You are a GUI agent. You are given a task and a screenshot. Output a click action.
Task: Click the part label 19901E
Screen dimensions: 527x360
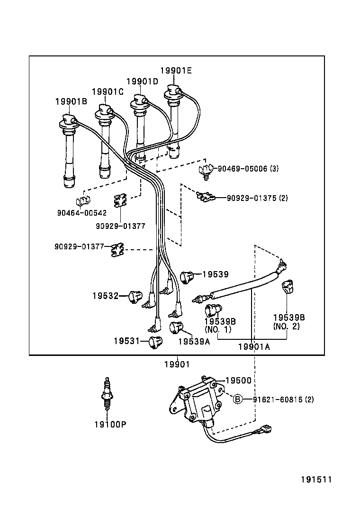click(x=176, y=71)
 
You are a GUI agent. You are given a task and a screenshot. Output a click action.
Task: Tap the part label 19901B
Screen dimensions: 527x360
click(x=71, y=101)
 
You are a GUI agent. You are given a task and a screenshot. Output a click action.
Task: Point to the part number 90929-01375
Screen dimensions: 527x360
click(x=251, y=198)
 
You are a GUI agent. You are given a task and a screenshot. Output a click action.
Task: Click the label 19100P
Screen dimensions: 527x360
click(x=110, y=424)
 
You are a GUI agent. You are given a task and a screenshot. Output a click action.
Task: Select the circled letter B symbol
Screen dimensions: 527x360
click(x=238, y=399)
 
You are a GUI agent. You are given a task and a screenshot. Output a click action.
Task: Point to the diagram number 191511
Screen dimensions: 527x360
click(x=316, y=479)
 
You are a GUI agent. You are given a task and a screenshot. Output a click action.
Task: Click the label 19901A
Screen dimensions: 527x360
click(x=253, y=346)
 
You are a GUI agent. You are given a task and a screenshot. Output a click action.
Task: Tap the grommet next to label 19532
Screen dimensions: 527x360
click(x=135, y=296)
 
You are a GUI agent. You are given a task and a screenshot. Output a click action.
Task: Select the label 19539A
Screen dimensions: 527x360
click(x=194, y=341)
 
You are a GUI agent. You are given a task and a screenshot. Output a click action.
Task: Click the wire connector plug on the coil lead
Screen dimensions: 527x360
click(x=263, y=432)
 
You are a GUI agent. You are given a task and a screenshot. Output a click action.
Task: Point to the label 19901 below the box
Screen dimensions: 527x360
click(x=177, y=364)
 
